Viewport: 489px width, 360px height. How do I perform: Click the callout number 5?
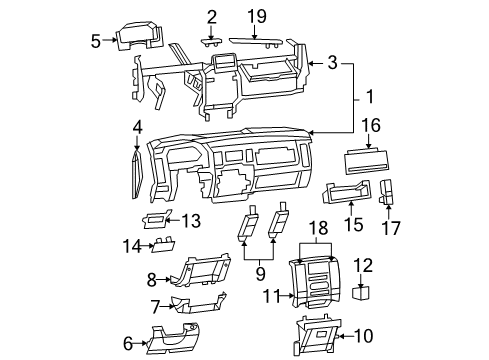click(x=96, y=41)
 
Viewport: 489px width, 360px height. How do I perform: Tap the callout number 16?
click(x=372, y=125)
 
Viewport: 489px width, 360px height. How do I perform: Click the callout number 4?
click(x=137, y=127)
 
